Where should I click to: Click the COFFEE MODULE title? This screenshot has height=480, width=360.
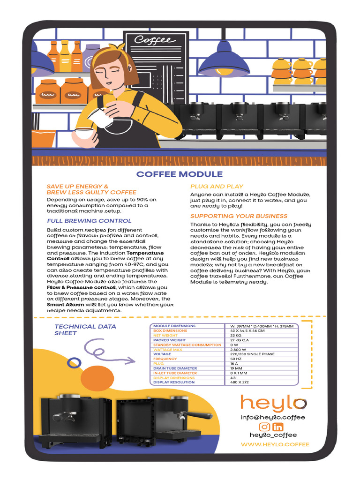[x=180, y=174]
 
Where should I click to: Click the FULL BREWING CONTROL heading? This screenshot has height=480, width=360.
[x=89, y=221]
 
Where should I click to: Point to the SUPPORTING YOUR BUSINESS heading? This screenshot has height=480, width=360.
[x=239, y=216]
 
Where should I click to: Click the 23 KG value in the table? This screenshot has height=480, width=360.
[x=235, y=336]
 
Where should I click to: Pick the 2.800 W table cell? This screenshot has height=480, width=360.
[x=238, y=350]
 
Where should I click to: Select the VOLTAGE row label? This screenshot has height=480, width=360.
[x=162, y=354]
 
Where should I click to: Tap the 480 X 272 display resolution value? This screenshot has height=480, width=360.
[x=240, y=382]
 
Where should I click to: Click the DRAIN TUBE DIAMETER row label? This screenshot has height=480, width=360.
[x=175, y=368]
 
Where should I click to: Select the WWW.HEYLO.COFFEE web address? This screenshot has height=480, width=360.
[x=275, y=444]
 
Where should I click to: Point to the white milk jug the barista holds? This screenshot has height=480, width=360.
[x=100, y=117]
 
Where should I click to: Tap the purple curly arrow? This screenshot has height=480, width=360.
[x=107, y=352]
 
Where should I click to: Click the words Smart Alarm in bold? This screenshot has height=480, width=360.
[x=62, y=305]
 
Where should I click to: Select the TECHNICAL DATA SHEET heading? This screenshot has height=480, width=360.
[x=85, y=330]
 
